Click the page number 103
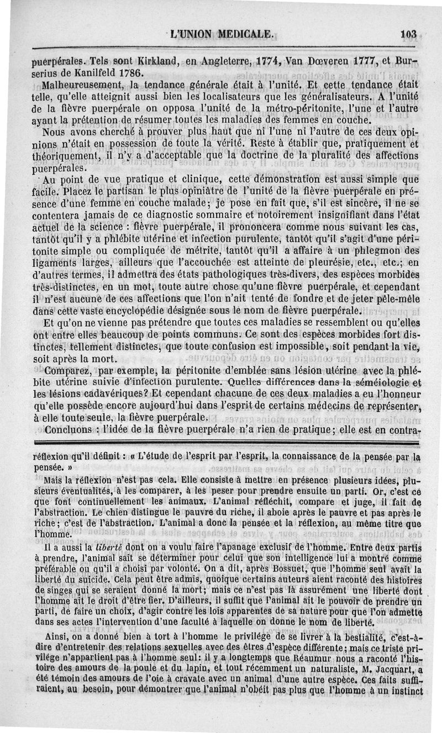pyautogui.click(x=409, y=34)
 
